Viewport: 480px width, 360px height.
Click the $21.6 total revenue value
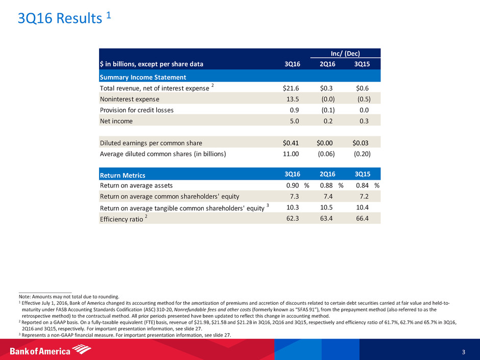click(293, 88)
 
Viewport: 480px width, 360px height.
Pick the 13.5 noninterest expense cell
click(294, 99)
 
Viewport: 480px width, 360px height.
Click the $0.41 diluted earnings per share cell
click(293, 143)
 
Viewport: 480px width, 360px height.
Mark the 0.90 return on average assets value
click(293, 185)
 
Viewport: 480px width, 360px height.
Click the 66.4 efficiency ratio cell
click(362, 219)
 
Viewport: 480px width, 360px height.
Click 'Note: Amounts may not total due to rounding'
click(69, 296)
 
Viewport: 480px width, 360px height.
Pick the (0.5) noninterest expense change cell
click(362, 99)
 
